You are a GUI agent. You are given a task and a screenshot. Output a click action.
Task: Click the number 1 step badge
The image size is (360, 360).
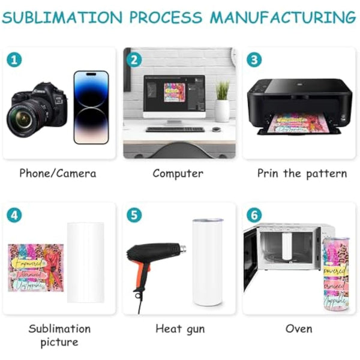click(x=14, y=60)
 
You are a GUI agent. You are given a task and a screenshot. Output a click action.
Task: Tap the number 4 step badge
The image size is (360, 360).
click(x=14, y=215)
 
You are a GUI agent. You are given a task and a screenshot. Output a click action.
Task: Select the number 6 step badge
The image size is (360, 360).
click(x=254, y=215)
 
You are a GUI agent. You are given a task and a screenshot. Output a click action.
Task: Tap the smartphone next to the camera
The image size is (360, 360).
click(x=91, y=107)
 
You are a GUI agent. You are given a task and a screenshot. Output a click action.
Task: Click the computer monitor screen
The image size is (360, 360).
click(x=175, y=97)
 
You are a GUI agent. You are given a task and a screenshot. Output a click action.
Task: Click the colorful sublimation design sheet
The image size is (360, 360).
click(x=36, y=268)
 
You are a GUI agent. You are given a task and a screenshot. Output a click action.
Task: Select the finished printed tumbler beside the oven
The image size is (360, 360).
click(x=341, y=273)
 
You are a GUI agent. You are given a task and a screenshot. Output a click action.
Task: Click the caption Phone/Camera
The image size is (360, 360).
click(x=58, y=173)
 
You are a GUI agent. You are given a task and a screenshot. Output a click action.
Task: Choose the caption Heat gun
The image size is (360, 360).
click(x=179, y=329)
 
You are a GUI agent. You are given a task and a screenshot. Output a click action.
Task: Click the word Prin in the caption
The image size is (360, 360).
click(x=269, y=173)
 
